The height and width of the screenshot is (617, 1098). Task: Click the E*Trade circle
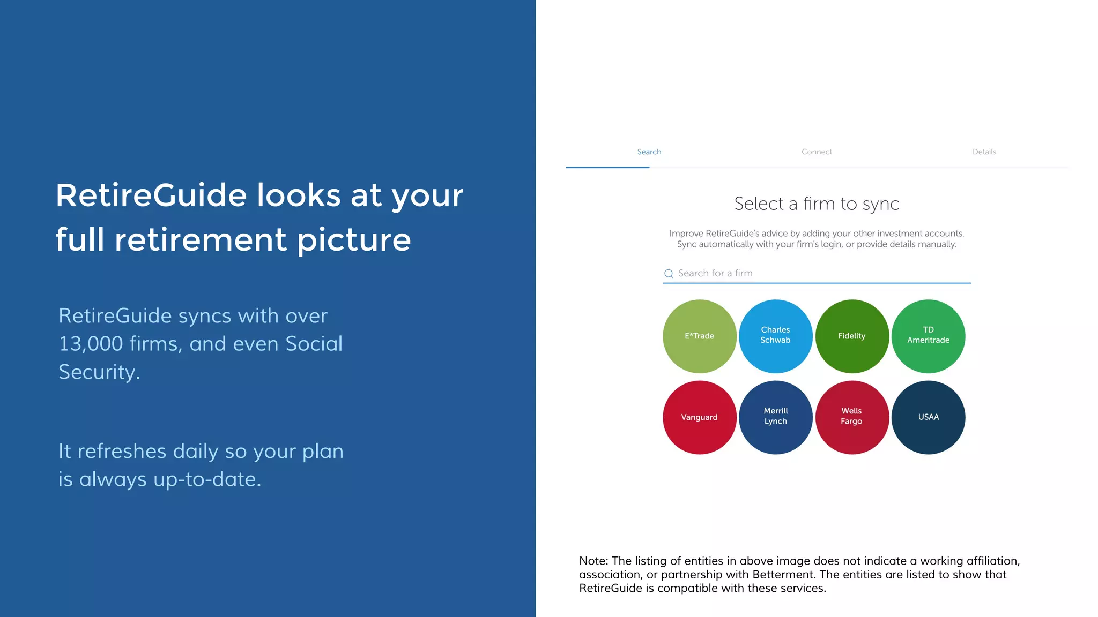[x=699, y=336]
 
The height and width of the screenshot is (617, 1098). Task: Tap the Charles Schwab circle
[x=775, y=336]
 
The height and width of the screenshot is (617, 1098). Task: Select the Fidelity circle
[x=851, y=336]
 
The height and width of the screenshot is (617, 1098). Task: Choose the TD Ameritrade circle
[x=928, y=336]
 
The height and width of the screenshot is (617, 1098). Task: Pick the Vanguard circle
[x=699, y=417]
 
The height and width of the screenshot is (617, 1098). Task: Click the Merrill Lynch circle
[x=775, y=417]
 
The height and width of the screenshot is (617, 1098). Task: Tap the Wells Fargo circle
[x=851, y=417]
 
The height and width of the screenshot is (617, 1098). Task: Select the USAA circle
[x=928, y=417]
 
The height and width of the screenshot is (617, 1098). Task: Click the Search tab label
[x=649, y=152]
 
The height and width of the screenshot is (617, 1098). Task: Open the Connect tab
[x=817, y=152]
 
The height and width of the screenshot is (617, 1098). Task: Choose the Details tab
[x=984, y=152]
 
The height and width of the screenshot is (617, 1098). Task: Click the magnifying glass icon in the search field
[x=669, y=274]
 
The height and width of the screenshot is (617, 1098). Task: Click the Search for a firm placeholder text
[x=715, y=273]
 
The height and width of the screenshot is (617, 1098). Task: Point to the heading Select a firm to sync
[x=817, y=204]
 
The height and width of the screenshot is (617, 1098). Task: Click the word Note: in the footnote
[x=593, y=561]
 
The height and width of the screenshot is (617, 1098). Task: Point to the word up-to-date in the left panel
[x=207, y=479]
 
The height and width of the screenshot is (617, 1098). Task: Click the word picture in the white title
[x=354, y=240]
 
